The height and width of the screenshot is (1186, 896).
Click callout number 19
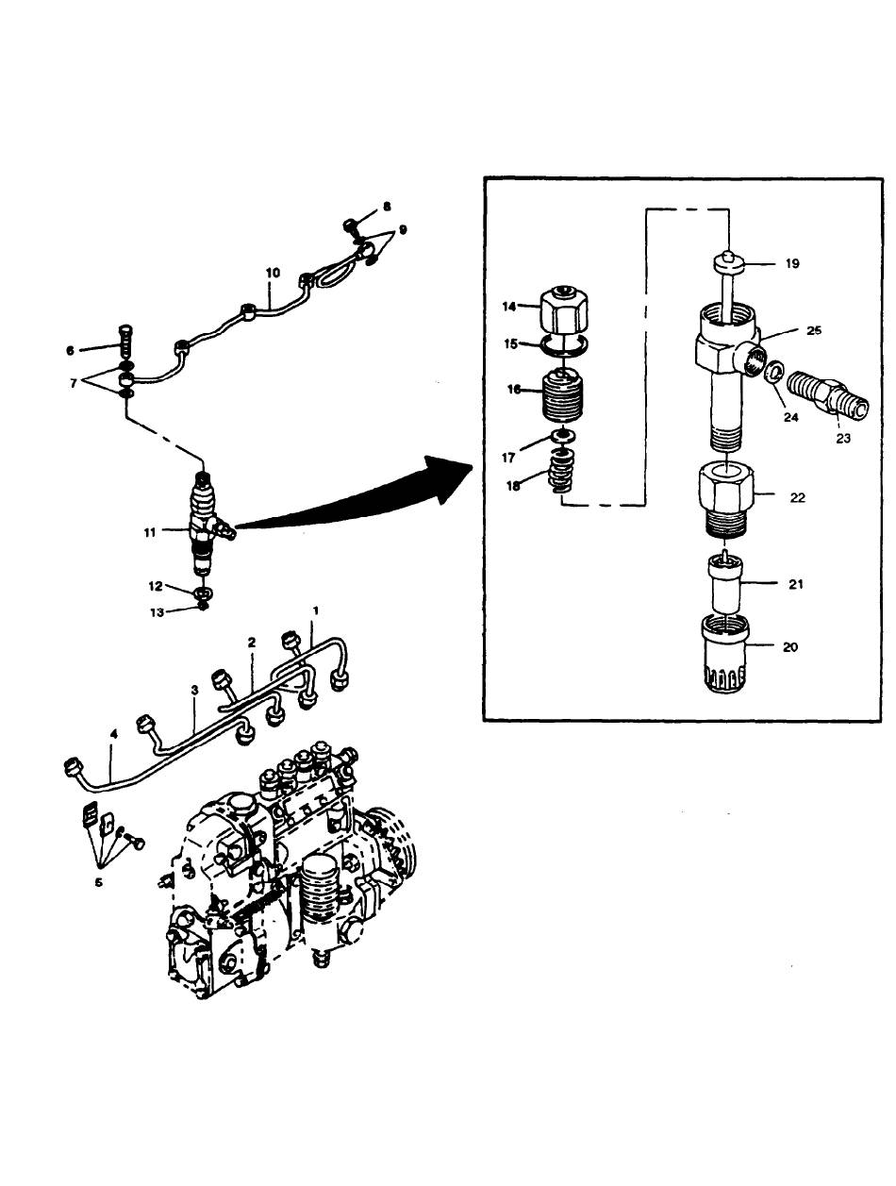pos(791,263)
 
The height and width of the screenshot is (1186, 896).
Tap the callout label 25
pos(814,330)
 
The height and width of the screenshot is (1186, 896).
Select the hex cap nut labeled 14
pos(564,311)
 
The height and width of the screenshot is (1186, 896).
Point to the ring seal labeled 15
pos(564,346)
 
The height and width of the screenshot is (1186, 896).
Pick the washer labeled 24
pos(776,372)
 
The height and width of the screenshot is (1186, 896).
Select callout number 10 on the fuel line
pos(273,273)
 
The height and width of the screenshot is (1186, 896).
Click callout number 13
pos(157,612)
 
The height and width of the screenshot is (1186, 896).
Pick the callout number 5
pos(98,882)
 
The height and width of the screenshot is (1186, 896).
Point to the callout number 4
pos(113,734)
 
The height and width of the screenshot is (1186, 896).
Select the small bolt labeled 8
pos(352,226)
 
